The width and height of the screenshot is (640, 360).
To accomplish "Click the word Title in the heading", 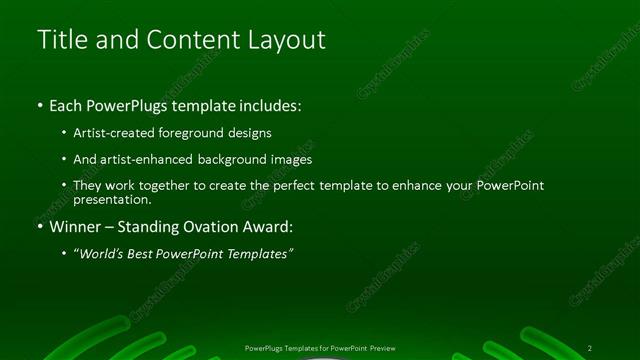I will click(60, 40).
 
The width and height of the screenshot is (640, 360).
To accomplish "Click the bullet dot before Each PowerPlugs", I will click(39, 105).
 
